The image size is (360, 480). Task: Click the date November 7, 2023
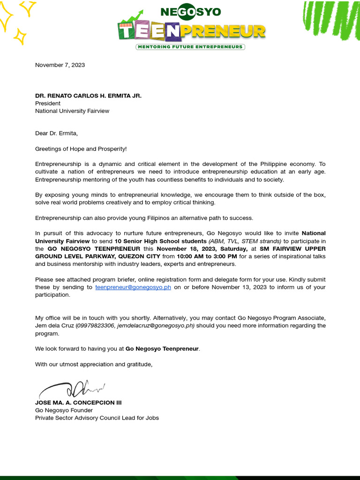coord(60,65)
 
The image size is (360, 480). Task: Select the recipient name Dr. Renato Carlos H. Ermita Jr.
coord(88,96)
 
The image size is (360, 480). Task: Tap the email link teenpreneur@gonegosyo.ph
coord(133,287)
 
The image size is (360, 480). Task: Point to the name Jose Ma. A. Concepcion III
coord(78,403)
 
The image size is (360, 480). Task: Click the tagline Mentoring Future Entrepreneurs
coord(190,47)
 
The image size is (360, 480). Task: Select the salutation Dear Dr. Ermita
coord(56,134)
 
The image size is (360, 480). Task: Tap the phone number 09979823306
coord(96,326)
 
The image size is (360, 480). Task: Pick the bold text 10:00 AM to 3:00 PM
coord(207,256)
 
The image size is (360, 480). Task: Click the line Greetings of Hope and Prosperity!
coord(81,149)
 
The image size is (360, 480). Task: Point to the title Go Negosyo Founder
coord(64,410)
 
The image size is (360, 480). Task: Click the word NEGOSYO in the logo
coord(190,12)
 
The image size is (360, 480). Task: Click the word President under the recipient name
coord(48,103)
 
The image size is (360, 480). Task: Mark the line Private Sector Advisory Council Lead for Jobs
coord(97,418)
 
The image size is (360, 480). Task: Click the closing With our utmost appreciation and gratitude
coord(94,364)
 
